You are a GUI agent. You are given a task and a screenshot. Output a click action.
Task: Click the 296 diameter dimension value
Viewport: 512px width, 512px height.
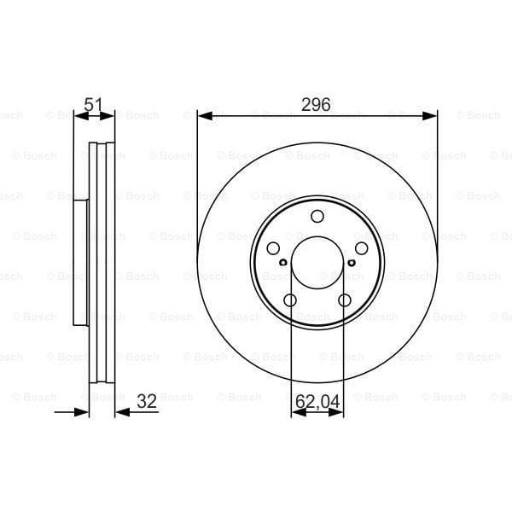tap(317, 105)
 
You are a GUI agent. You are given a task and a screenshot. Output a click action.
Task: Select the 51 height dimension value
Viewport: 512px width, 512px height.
tap(94, 105)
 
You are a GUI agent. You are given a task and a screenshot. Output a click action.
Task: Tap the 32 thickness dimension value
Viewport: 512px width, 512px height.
tap(147, 401)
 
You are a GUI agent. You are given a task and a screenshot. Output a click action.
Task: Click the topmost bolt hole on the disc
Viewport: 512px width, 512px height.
tap(317, 217)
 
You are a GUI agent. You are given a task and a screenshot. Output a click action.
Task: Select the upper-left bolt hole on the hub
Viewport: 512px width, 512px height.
tap(273, 248)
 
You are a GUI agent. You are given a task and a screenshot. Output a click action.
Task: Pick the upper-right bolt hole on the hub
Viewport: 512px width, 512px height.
tap(361, 248)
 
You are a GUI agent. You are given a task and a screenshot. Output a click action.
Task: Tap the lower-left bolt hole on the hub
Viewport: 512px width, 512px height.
tap(290, 300)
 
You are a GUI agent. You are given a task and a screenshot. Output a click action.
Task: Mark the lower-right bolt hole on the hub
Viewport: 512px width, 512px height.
tap(345, 300)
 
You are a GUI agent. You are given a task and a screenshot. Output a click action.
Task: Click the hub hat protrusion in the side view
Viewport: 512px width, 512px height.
tap(81, 262)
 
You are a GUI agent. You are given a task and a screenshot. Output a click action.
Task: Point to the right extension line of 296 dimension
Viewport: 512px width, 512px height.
tap(437, 171)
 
